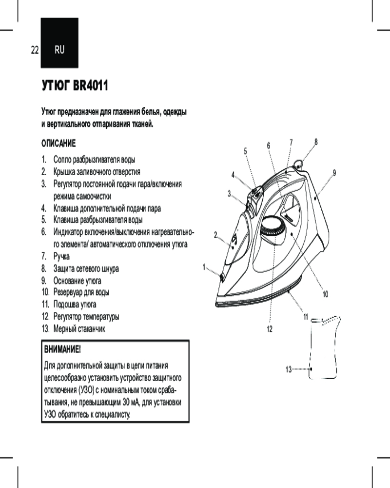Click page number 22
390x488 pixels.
(x=35, y=49)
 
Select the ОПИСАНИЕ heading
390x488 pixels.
(x=58, y=144)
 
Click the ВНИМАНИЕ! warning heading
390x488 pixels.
(x=62, y=350)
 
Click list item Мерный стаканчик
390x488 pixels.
(x=79, y=328)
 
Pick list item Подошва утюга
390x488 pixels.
(x=75, y=304)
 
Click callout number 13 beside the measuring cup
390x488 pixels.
(x=288, y=369)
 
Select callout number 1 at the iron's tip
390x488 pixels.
(x=205, y=267)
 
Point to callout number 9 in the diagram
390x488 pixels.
(x=335, y=173)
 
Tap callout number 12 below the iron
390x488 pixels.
(x=269, y=328)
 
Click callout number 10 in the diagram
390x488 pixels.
(x=325, y=294)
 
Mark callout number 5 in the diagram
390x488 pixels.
(x=245, y=151)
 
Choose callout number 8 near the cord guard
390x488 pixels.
(x=316, y=142)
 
